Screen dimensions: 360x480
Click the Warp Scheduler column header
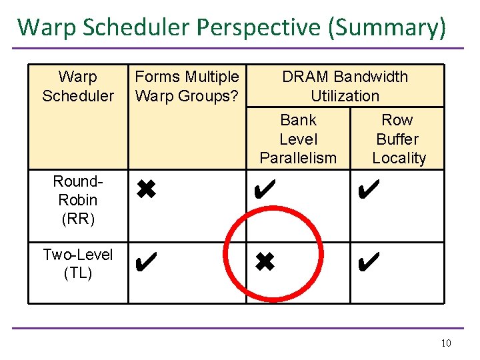coord(78,87)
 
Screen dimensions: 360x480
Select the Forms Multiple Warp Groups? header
coord(187,87)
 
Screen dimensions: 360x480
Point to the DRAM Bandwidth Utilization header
coord(345,87)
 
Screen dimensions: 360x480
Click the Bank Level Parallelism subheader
coord(298,139)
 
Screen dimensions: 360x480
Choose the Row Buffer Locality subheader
coord(397,139)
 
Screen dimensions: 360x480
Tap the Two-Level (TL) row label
coord(78,263)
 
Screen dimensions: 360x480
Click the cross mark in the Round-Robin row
coord(145,191)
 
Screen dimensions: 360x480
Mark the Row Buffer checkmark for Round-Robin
coord(368,191)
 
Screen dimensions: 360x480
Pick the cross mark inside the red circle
coord(264,261)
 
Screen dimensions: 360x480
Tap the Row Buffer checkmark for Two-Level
coord(368,261)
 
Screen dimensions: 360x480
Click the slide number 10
coord(446,343)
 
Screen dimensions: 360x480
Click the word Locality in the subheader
coord(399,159)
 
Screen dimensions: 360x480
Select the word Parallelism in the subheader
coord(298,159)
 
